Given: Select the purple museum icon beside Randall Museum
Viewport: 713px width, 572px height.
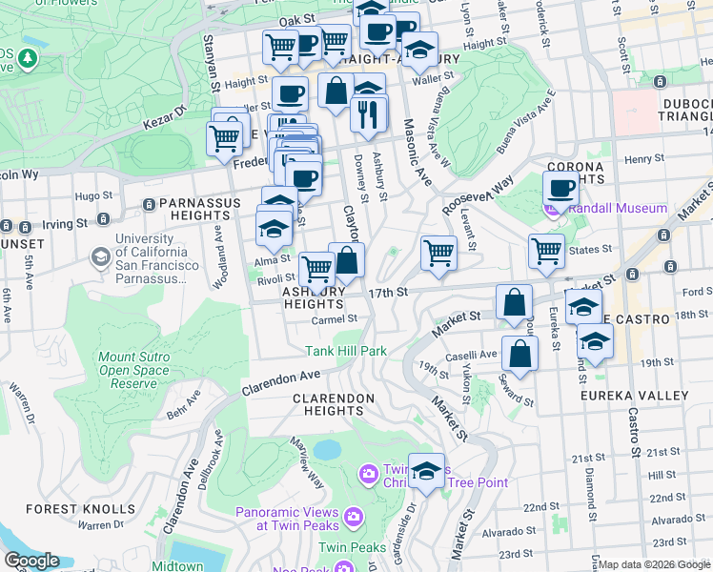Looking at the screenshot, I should coord(551,209).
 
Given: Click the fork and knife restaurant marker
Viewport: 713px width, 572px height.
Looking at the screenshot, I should coord(368,114).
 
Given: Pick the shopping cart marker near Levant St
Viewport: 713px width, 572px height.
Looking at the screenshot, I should coord(438,253).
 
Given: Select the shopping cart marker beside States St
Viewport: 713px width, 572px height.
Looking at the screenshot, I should coord(546,252).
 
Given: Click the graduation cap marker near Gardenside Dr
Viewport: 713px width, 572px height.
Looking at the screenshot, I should coord(426,470).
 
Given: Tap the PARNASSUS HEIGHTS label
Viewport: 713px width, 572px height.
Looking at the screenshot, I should coord(194,204).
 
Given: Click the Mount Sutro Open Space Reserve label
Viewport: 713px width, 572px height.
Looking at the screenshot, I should coord(128,371).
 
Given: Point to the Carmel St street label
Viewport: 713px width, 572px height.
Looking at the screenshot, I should coord(335,319).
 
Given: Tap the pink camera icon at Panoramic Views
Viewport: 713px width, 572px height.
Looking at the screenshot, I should coord(354,516).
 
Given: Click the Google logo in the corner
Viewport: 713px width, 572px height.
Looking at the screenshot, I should coord(31,561).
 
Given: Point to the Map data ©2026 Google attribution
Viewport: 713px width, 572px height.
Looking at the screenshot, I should coord(655,564).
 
